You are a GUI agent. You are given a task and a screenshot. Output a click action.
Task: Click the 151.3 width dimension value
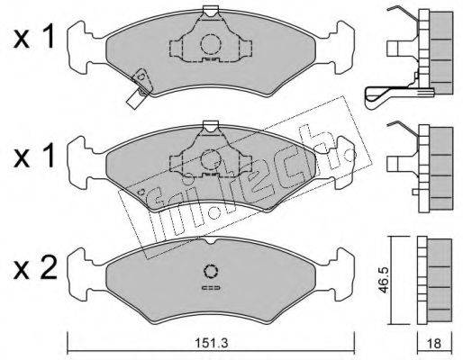212,342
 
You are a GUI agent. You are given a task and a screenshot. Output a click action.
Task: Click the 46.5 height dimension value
384,280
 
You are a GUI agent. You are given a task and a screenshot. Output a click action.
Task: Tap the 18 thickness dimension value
434,343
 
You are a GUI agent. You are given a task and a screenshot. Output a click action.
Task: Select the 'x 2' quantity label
35,269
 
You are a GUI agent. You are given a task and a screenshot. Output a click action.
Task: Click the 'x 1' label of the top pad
34,37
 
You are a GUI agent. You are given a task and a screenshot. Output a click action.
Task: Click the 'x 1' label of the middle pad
34,155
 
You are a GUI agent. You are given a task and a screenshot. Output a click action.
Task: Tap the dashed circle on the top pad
211,44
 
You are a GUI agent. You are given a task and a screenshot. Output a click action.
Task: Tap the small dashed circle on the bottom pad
211,271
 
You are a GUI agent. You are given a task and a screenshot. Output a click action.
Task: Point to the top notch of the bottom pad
211,241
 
